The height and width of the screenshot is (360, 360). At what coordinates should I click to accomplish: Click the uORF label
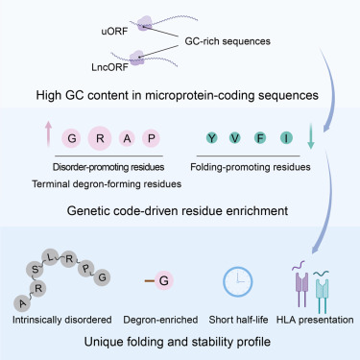tap(114, 32)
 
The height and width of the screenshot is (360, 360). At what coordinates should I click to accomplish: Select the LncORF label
tap(109, 67)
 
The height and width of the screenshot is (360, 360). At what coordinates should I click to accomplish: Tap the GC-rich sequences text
tap(228, 41)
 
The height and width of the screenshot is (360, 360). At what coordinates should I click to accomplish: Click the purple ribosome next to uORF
tap(146, 23)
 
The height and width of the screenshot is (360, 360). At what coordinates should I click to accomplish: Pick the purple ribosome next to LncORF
tap(137, 58)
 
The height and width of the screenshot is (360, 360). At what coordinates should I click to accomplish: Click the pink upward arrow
tap(48, 133)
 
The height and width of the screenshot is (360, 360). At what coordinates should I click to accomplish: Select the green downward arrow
tap(310, 136)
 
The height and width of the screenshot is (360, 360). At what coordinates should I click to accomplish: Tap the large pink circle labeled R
tap(100, 138)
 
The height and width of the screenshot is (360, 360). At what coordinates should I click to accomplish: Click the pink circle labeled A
tap(127, 138)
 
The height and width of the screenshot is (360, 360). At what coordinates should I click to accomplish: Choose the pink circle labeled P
tap(152, 138)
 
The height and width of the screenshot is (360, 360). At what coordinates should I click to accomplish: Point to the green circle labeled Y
tap(211, 138)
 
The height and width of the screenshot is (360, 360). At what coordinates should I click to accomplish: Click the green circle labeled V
tap(235, 138)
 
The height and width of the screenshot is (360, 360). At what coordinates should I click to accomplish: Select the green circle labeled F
tap(260, 138)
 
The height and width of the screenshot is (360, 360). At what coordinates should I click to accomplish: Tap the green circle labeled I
tap(286, 138)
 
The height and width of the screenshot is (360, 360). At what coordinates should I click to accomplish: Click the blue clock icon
tap(237, 282)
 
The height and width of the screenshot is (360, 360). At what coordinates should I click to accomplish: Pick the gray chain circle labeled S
tap(35, 270)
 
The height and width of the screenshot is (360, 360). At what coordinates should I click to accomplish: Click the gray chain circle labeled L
tap(50, 257)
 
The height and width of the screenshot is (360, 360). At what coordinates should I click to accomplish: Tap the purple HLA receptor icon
tap(301, 285)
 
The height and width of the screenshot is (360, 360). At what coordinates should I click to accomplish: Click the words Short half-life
tap(238, 320)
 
